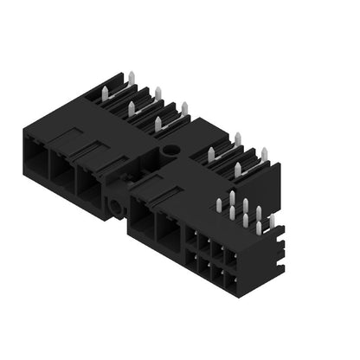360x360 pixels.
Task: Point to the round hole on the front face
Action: tap(114, 209)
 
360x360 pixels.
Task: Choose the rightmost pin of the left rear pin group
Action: tap(183, 109)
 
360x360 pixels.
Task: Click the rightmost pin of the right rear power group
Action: tap(264, 155)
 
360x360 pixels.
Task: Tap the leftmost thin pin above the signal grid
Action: tap(219, 206)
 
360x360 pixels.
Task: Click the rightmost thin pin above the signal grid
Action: tap(271, 223)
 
